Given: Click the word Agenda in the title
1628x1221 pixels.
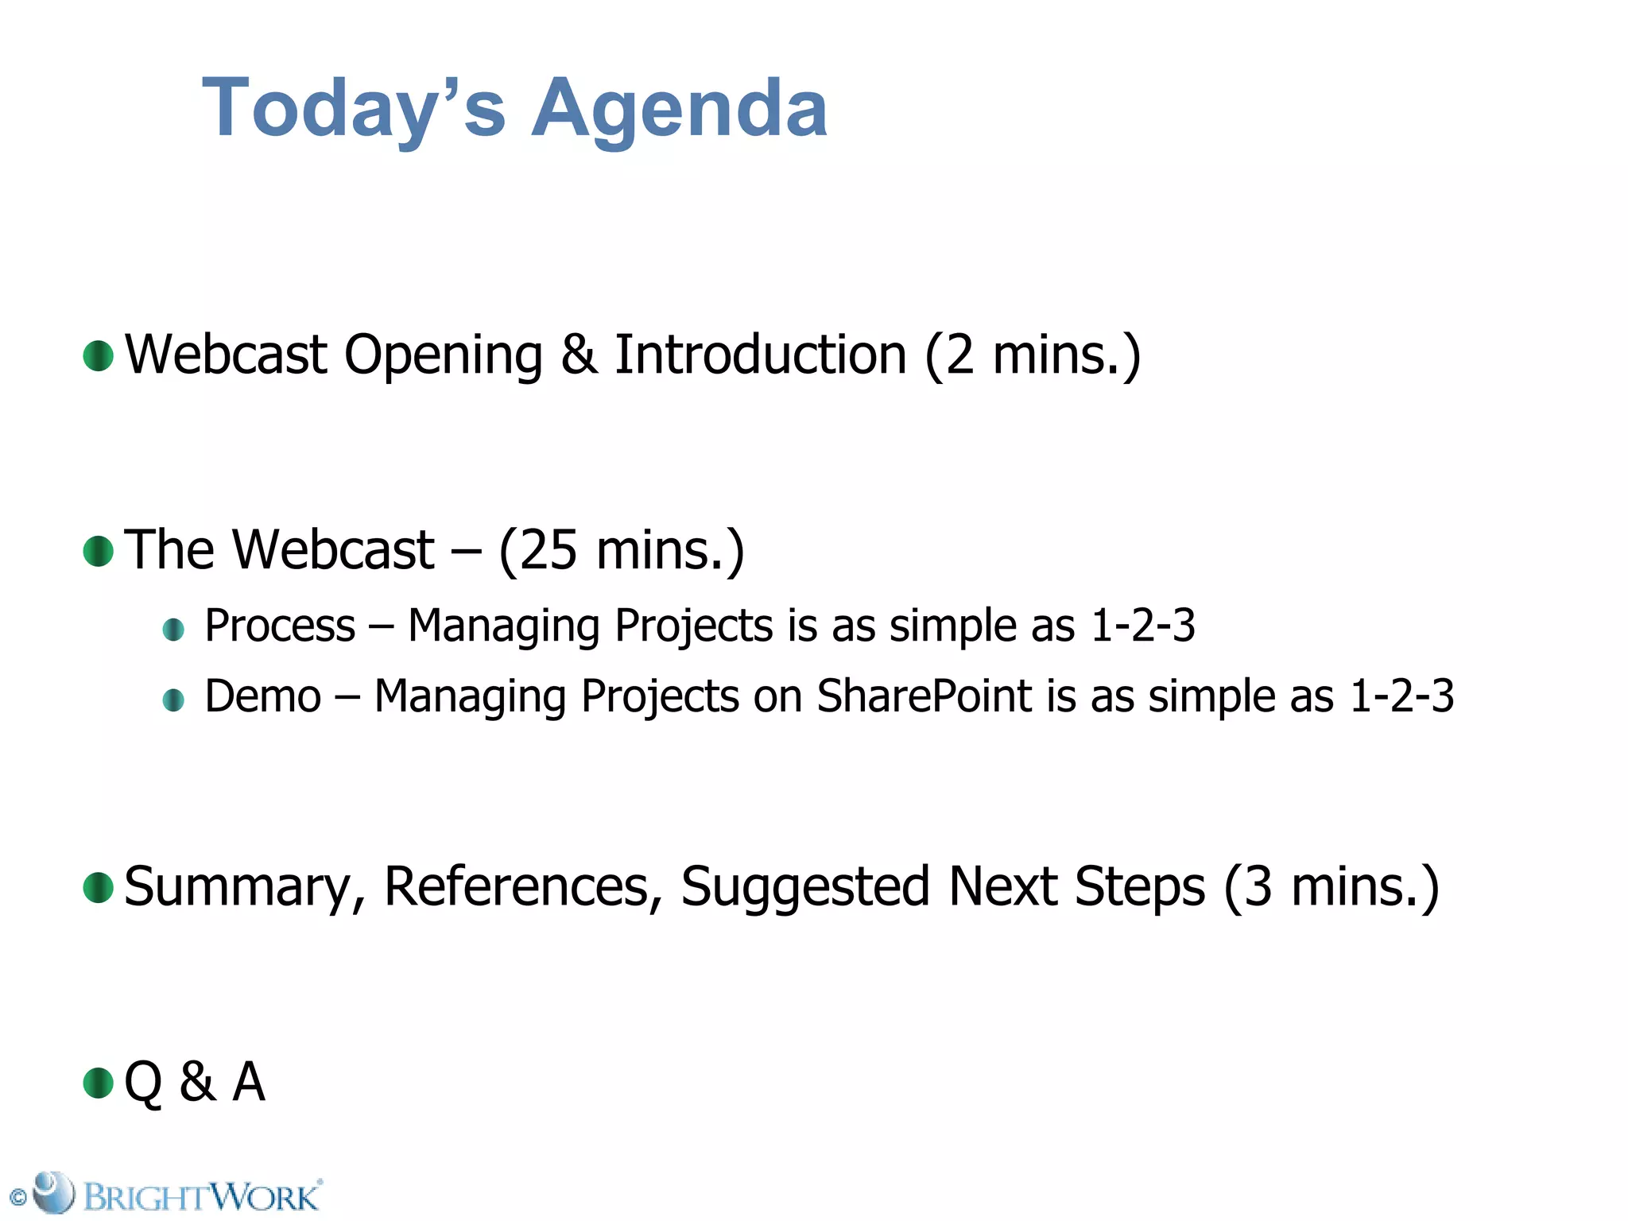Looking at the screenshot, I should coord(680,109).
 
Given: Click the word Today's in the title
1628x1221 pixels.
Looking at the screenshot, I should coord(354,109).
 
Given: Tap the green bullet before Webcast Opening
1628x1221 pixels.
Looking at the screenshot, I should coord(99,355).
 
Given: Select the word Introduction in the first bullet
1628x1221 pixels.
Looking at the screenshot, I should coord(760,355).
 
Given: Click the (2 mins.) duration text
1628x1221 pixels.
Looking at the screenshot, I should coord(1033,355).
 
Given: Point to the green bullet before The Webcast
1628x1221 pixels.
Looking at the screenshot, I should coord(99,551).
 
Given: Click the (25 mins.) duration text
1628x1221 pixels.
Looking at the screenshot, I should coord(622,551).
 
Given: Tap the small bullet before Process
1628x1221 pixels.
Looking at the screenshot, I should coord(173,630).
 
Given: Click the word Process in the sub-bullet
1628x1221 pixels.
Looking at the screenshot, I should coord(280,626).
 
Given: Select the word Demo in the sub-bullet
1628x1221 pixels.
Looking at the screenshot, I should coord(263,697).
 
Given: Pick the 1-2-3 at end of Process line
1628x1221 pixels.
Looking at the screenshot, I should coord(1143,626).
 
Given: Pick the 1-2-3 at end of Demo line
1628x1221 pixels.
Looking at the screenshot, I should coord(1402,697).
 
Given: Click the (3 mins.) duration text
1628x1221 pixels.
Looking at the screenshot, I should coord(1331,887).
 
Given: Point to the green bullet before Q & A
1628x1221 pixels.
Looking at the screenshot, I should coord(99,1083).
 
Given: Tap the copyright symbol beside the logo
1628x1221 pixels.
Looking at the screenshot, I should coord(17,1198).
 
